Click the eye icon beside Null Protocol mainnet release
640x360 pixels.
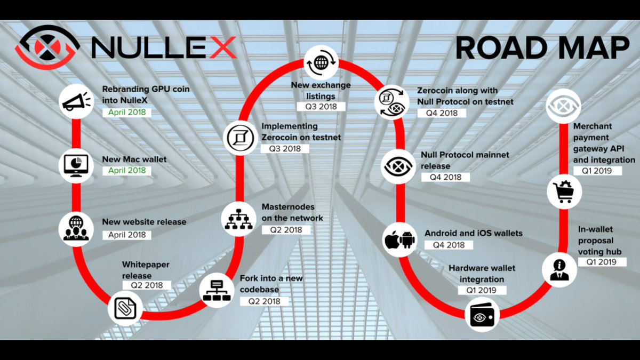[x=399, y=166]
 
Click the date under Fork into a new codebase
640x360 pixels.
[x=264, y=301]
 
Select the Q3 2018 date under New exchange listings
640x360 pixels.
[x=321, y=106]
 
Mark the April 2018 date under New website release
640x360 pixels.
[x=127, y=235]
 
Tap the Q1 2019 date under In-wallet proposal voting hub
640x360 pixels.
[x=601, y=262]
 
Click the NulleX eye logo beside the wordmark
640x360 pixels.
[x=47, y=47]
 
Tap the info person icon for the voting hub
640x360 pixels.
[x=559, y=268]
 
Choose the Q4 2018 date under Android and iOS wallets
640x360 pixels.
[x=449, y=245]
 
